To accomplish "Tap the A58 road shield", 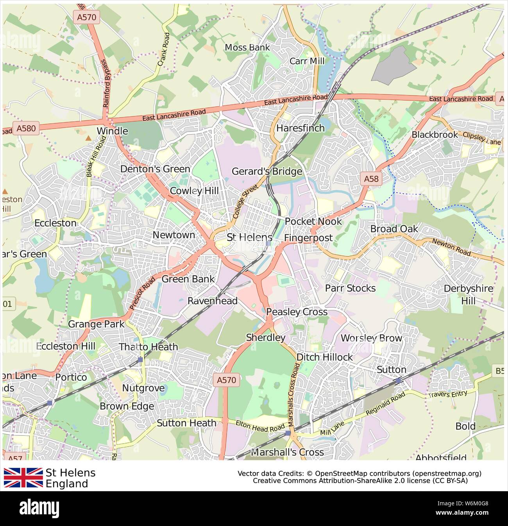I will coord(371,179).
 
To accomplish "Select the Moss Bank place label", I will coord(247,48).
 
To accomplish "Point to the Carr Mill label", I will coord(307,61).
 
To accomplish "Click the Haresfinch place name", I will coord(300,128).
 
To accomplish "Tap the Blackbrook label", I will coord(434,135).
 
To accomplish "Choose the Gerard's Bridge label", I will coord(267,171).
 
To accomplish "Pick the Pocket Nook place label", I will coord(313,221).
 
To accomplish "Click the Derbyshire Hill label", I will coord(468,294).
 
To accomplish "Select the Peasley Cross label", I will coord(297,312).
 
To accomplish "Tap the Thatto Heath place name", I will coord(148,347).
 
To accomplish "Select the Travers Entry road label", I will coord(447,394).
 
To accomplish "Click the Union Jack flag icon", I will coord(23,478).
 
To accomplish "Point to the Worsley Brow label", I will coord(371,338).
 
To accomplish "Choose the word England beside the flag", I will coord(67,484).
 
